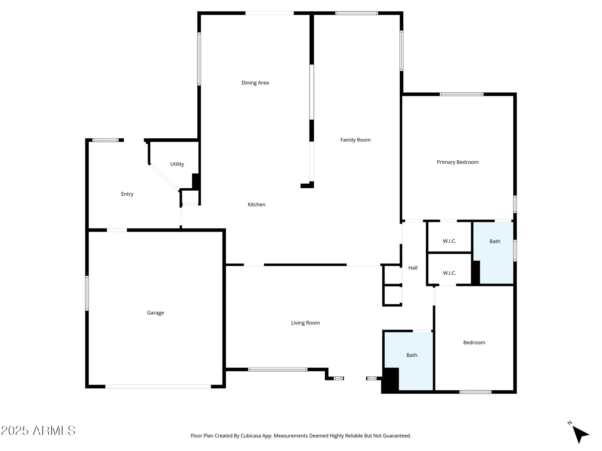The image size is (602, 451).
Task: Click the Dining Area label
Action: point(255,83)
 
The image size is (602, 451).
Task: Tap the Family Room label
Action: point(355,140)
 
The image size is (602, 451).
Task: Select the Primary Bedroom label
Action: point(457,162)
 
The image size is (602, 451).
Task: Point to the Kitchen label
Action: point(256,204)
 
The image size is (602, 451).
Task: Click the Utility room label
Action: point(177,164)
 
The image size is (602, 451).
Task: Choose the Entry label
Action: point(127,194)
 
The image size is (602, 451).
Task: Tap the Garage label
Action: point(155,313)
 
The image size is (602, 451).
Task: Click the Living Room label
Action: point(305,323)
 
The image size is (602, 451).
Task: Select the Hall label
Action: point(413,268)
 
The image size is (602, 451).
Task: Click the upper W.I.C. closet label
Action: point(449,241)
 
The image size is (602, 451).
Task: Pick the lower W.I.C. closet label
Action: point(449,273)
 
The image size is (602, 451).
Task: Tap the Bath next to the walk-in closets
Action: point(495,241)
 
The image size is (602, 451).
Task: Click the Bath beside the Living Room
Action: point(411,355)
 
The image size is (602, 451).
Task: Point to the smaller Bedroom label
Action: point(474,342)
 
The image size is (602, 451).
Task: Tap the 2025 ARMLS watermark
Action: point(38,431)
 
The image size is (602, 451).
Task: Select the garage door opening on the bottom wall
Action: point(158,386)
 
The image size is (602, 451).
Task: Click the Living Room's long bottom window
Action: point(278,369)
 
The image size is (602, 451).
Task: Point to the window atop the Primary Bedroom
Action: point(461,94)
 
